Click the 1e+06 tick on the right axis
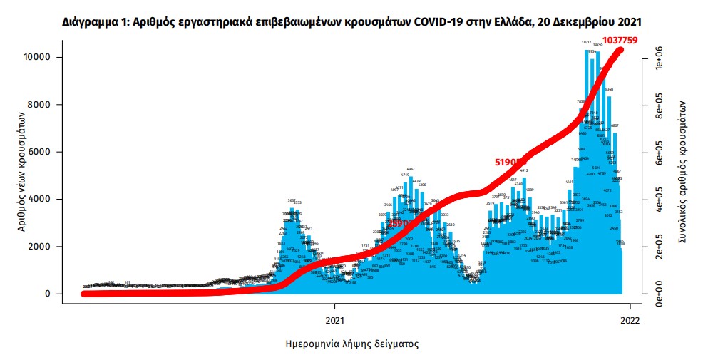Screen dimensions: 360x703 point(660,58)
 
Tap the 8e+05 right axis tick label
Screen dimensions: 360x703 point(660,105)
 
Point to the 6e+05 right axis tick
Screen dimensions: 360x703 point(660,152)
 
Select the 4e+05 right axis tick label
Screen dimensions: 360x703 point(660,199)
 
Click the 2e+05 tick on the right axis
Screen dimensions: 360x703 point(660,247)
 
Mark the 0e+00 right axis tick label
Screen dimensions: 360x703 point(660,294)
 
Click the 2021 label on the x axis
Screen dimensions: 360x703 point(335,320)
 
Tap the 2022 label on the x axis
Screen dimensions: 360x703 point(630,320)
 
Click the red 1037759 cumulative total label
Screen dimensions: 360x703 point(620,40)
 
